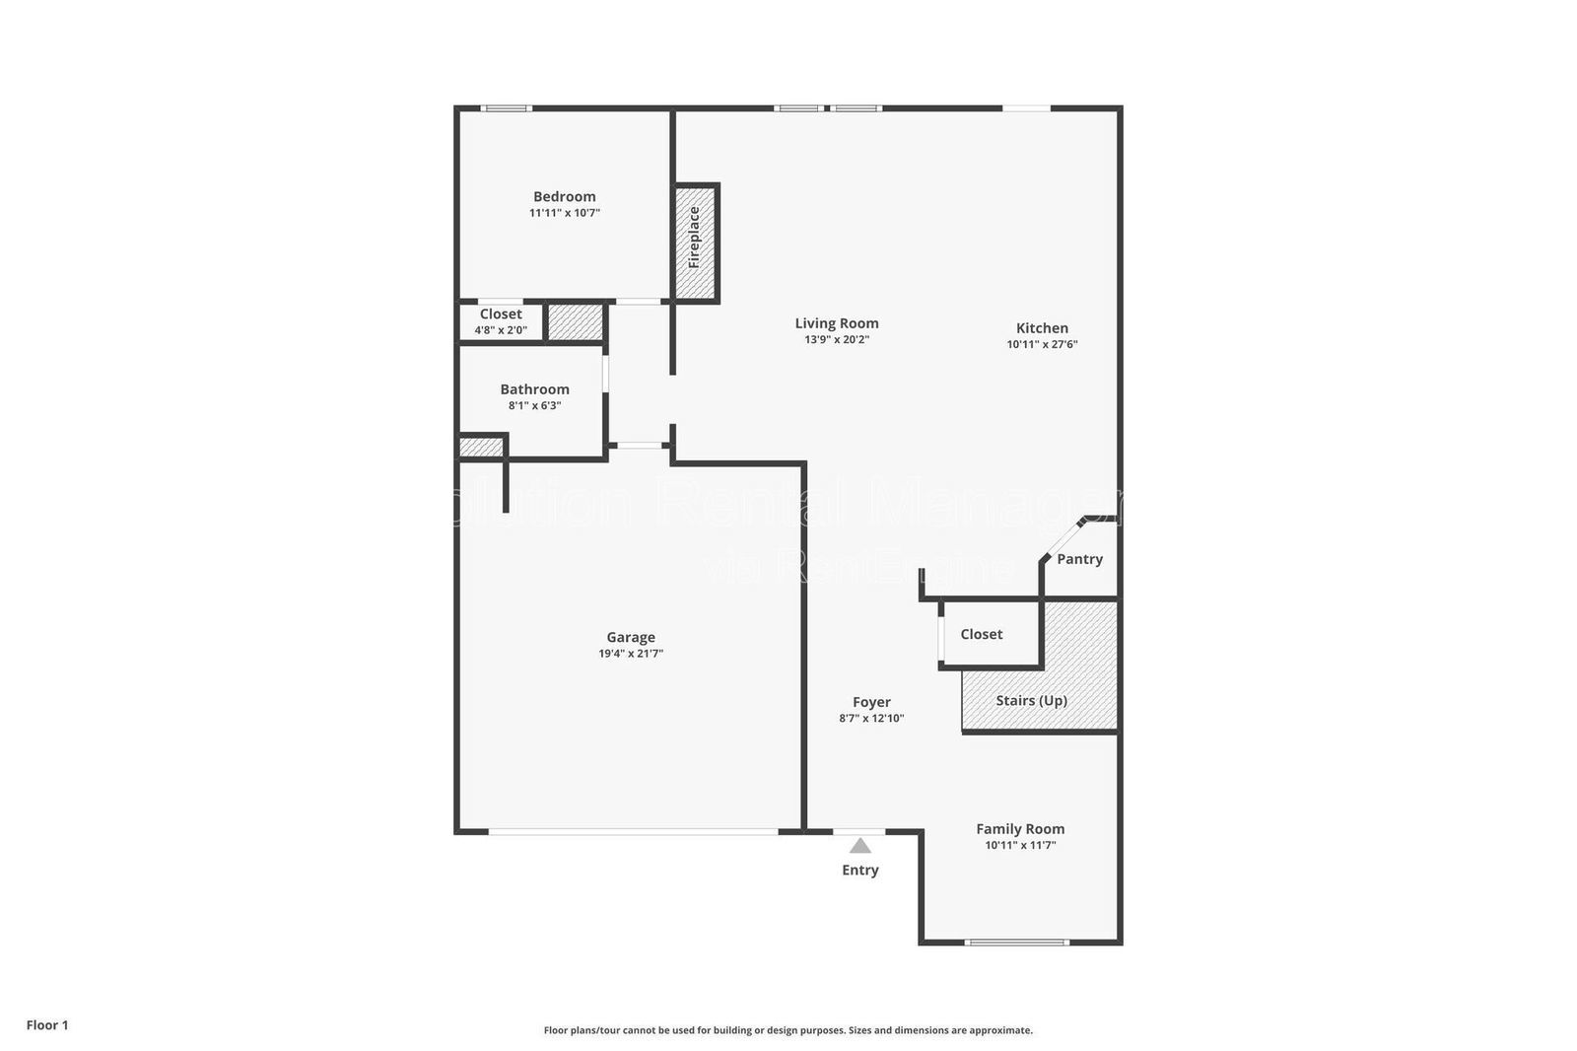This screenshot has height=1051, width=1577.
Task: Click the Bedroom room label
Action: click(564, 196)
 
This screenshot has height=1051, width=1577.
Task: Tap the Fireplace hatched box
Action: click(695, 243)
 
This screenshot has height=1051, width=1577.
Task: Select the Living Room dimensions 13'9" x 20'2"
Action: click(837, 340)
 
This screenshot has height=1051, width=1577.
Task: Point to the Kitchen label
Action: click(1042, 328)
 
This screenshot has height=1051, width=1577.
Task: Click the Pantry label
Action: click(1079, 559)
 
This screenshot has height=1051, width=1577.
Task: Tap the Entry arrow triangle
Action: click(860, 846)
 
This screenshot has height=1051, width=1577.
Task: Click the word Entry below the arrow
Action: click(860, 870)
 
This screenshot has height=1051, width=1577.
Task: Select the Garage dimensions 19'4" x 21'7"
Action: click(631, 654)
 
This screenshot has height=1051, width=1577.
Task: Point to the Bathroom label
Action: click(534, 389)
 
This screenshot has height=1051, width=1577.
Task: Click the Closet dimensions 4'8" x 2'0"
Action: click(501, 330)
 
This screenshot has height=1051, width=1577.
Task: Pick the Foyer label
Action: click(871, 702)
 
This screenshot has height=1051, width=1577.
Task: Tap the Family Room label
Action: click(1020, 829)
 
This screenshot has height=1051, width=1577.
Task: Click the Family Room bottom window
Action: click(1017, 943)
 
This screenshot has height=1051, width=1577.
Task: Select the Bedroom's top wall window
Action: click(507, 108)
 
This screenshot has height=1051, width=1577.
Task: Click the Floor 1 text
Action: click(47, 1025)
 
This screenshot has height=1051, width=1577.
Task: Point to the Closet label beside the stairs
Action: click(982, 634)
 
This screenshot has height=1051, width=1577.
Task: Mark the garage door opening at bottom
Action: click(633, 832)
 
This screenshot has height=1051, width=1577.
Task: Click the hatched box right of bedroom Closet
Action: click(575, 322)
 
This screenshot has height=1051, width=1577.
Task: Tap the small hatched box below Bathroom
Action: click(481, 448)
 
